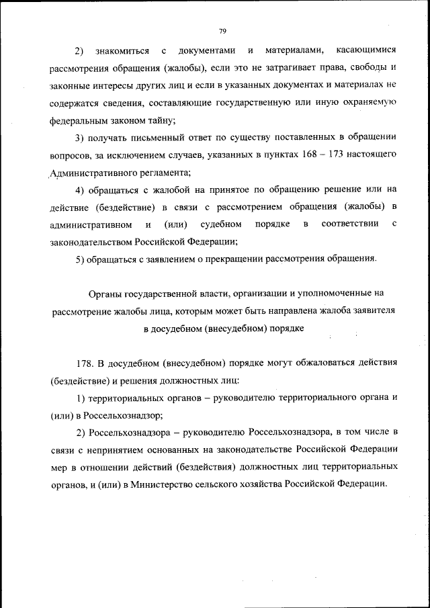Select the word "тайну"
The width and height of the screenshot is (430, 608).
point(159,121)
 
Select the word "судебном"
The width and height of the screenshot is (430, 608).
point(217,224)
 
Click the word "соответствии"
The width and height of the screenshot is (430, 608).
point(349,224)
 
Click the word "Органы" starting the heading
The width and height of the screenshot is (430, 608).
point(104,294)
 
